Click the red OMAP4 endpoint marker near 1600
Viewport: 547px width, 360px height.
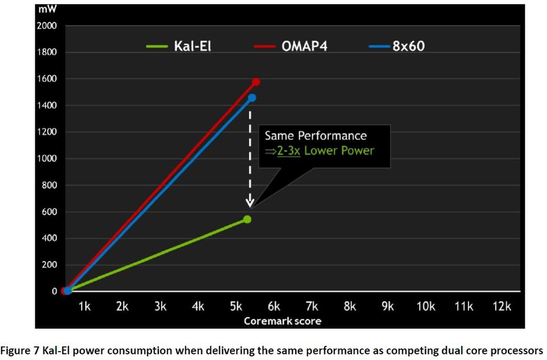(256, 82)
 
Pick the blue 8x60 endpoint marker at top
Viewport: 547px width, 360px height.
(252, 98)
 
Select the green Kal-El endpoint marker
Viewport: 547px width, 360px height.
(247, 219)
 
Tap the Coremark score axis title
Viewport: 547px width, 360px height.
(282, 321)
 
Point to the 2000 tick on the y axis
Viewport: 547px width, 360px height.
(47, 26)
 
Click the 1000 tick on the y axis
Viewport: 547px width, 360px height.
(47, 159)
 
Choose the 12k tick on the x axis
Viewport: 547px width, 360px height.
(501, 307)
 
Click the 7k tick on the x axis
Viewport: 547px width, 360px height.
(312, 307)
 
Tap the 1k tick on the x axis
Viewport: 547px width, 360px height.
(84, 307)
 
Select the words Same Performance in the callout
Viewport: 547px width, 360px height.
(315, 136)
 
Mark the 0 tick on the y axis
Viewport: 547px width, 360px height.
(54, 292)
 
